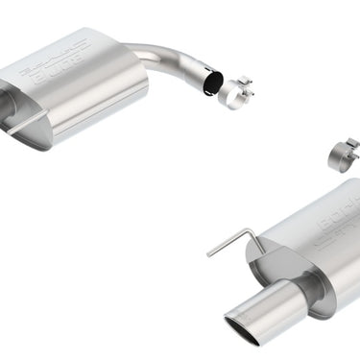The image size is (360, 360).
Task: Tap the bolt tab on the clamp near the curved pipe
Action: click(x=244, y=83)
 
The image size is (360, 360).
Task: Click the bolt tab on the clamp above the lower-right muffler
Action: click(x=352, y=145)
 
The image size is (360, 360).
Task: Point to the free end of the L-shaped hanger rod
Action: click(x=208, y=254)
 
